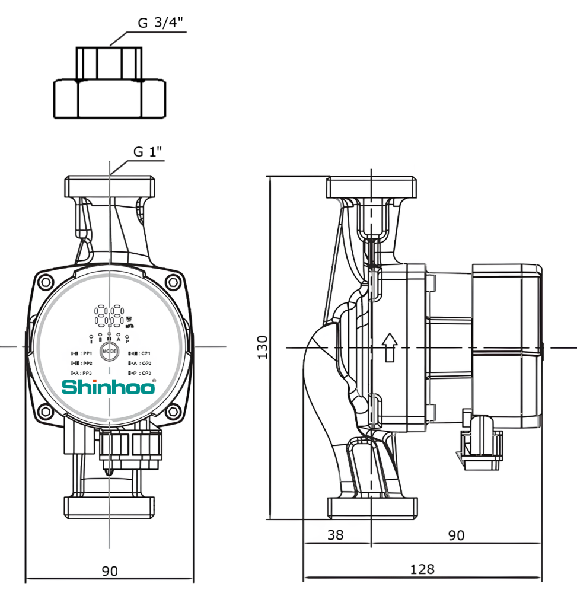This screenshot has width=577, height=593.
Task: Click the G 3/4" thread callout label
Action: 161,23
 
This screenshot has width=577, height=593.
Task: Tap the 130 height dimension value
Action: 262,346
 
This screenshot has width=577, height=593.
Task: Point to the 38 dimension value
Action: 335,535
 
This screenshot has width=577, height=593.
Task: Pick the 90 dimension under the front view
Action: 110,571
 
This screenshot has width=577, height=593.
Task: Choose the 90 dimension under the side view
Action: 455,535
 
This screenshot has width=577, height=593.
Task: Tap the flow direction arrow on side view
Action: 389,347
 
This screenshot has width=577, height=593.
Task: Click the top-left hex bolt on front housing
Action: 46,282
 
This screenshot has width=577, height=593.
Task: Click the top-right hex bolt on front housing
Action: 173,282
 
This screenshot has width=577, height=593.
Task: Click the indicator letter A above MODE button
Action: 119,340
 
